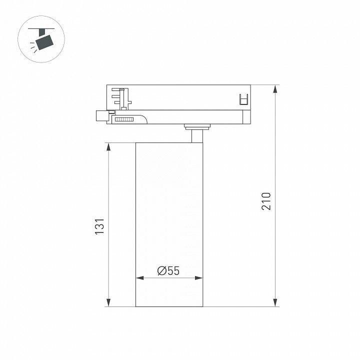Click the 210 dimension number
tap(266, 201)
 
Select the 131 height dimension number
tap(100, 226)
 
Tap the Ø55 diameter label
tap(168, 270)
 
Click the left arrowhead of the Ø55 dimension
tap(140, 278)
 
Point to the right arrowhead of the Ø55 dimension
tap(198, 278)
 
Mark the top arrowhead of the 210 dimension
tap(275, 89)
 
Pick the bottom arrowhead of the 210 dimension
tap(275, 302)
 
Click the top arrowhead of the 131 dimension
tap(108, 147)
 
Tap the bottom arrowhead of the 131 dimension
tap(108, 302)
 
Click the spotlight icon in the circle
tap(41, 39)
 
